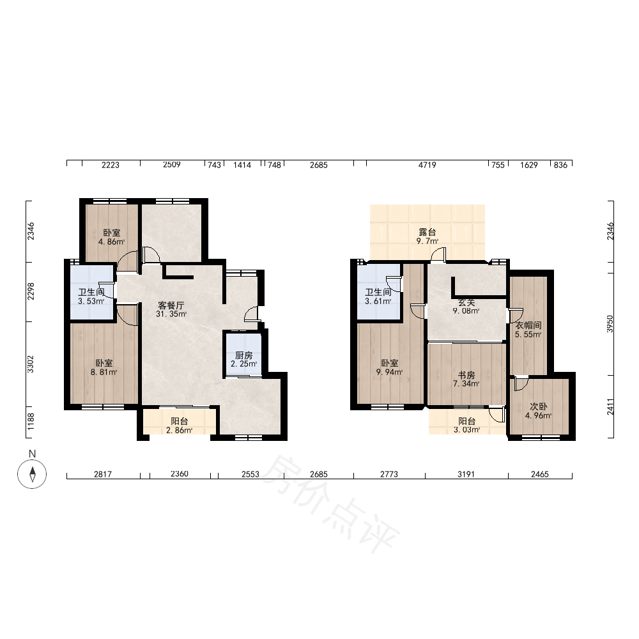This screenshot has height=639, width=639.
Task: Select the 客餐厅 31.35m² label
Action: [x=171, y=310]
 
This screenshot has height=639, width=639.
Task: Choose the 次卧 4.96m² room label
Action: [x=538, y=411]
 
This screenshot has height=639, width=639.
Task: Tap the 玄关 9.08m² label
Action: [x=466, y=307]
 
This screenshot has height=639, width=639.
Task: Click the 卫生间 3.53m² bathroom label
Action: [x=91, y=296]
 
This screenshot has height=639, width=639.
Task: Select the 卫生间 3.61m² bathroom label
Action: [x=378, y=296]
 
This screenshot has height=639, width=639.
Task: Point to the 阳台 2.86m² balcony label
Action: [x=180, y=426]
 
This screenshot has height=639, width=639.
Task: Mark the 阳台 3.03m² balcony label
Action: [x=466, y=425]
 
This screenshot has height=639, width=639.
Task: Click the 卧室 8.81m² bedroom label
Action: [x=104, y=367]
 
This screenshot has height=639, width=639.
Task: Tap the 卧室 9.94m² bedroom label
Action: [x=390, y=367]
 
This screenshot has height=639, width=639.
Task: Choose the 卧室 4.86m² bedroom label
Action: [x=111, y=237]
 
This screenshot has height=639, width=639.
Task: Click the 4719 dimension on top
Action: [x=427, y=165]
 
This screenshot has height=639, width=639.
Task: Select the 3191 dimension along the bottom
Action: [x=466, y=474]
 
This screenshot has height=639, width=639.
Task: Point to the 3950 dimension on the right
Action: [x=610, y=324]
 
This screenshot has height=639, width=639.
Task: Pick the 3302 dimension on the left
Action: [x=31, y=364]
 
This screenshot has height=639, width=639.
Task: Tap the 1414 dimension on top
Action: [x=242, y=165]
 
